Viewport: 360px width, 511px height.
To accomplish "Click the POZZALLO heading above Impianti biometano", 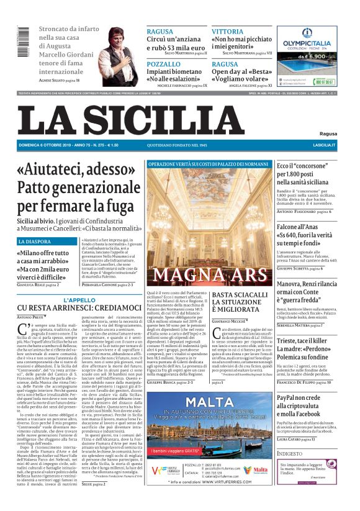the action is pos(164,64).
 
